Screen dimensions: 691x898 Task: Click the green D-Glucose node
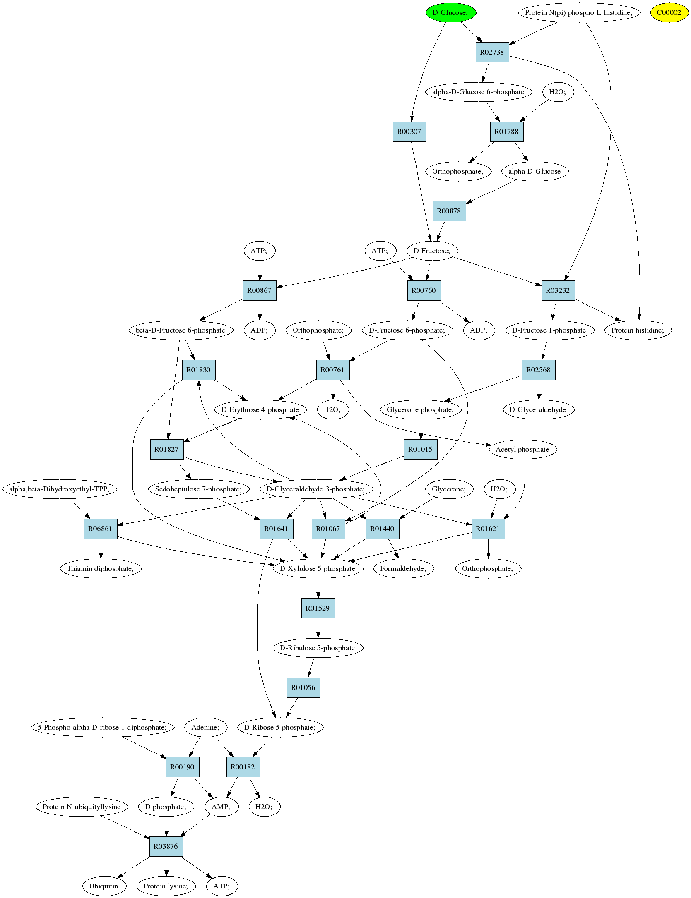(451, 12)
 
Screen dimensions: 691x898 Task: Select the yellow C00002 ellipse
(669, 12)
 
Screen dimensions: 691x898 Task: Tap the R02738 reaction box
(492, 52)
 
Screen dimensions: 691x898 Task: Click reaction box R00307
(409, 132)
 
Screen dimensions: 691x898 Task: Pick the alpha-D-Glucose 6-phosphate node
(478, 92)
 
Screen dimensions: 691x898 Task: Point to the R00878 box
(449, 211)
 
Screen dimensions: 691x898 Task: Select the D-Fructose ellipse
(432, 251)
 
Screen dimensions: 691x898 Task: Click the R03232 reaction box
(558, 290)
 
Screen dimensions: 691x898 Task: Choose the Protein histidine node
(638, 330)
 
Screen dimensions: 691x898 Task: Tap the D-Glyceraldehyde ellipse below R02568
(538, 409)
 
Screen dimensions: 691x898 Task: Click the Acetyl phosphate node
(522, 449)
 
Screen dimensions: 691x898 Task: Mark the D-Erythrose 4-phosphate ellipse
(260, 409)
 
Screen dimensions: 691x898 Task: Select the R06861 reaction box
(101, 529)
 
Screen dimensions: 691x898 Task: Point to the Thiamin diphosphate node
(101, 568)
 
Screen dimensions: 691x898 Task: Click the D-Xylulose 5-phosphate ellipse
(318, 568)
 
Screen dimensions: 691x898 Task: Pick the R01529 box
(318, 608)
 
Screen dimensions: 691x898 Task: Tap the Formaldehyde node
(404, 568)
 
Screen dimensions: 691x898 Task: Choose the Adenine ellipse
(205, 727)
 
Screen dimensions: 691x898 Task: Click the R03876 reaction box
(166, 846)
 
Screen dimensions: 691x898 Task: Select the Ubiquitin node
(104, 886)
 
